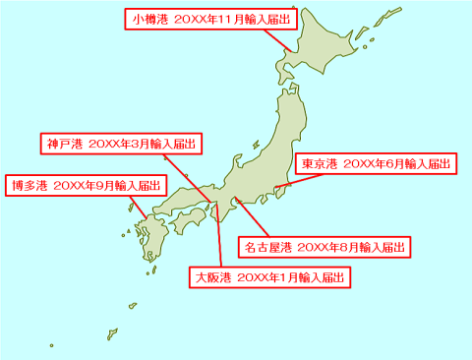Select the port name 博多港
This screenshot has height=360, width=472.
tap(29, 184)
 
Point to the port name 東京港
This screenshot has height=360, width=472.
tap(320, 163)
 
